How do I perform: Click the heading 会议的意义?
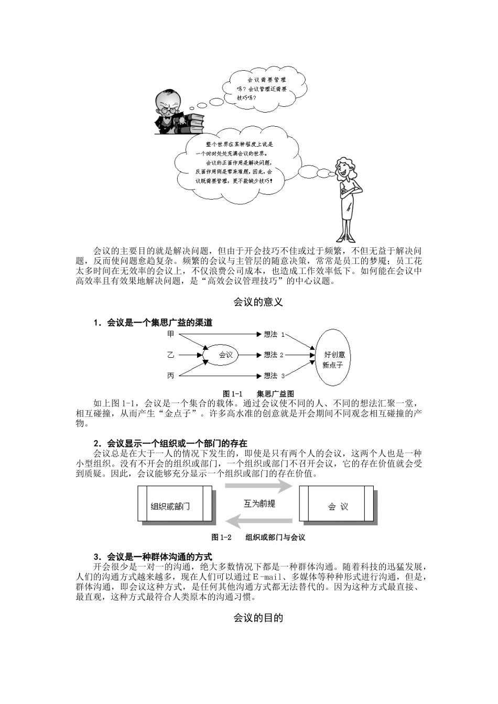pyautogui.click(x=258, y=302)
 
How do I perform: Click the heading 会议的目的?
pyautogui.click(x=258, y=618)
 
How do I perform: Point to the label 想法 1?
pyautogui.click(x=274, y=334)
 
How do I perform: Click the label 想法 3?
pyautogui.click(x=274, y=376)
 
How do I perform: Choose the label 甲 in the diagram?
pyautogui.click(x=170, y=334)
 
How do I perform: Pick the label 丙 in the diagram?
pyautogui.click(x=170, y=376)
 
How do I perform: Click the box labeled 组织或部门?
pyautogui.click(x=175, y=504)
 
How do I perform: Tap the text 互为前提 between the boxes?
pyautogui.click(x=259, y=504)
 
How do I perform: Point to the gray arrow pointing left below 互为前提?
pyautogui.click(x=259, y=521)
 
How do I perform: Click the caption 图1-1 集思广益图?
pyautogui.click(x=258, y=393)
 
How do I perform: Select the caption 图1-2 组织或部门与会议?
pyautogui.click(x=258, y=537)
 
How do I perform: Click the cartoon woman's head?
pyautogui.click(x=345, y=169)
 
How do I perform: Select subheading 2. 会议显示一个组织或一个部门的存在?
pyautogui.click(x=170, y=443)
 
